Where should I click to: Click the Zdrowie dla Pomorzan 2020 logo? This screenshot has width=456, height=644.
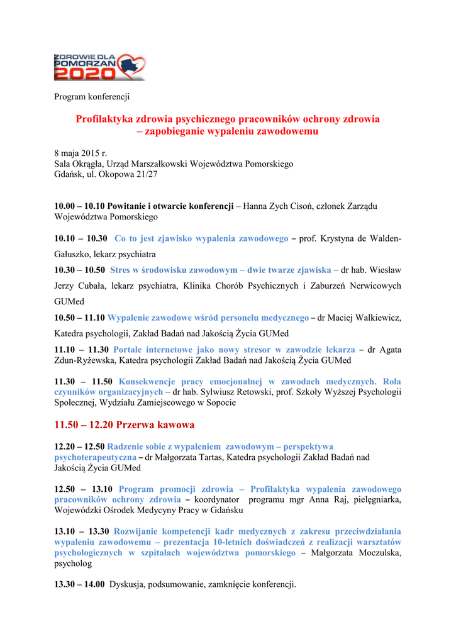point(99,67)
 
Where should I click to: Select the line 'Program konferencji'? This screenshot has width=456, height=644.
point(92,97)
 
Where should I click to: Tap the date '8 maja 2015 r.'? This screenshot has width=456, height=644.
point(81,153)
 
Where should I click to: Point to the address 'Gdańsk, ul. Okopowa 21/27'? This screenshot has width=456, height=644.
point(106,174)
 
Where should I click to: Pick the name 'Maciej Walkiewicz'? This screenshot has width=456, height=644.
point(364,318)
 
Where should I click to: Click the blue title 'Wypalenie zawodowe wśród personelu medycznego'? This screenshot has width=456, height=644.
point(208,318)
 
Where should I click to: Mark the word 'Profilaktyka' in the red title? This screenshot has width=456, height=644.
point(105,118)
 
